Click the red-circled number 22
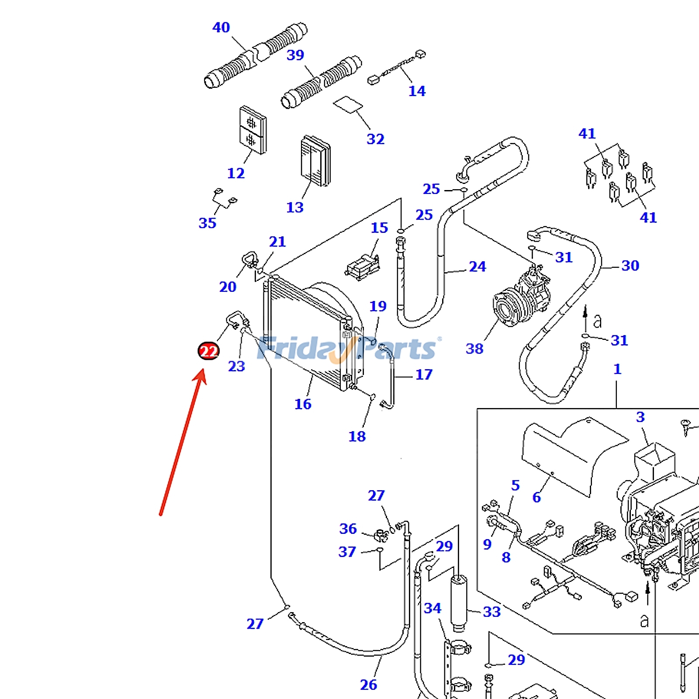(208, 351)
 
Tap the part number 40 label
(221, 28)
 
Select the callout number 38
(474, 349)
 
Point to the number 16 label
(303, 404)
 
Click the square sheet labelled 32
(348, 105)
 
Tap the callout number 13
(294, 207)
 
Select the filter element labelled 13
(315, 160)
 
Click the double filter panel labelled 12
(253, 130)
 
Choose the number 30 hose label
(630, 265)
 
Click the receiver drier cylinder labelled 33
(458, 603)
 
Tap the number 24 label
(477, 266)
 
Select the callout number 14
(417, 91)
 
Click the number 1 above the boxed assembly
(617, 369)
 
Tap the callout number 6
(536, 497)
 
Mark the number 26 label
(368, 685)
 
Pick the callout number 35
(207, 223)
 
